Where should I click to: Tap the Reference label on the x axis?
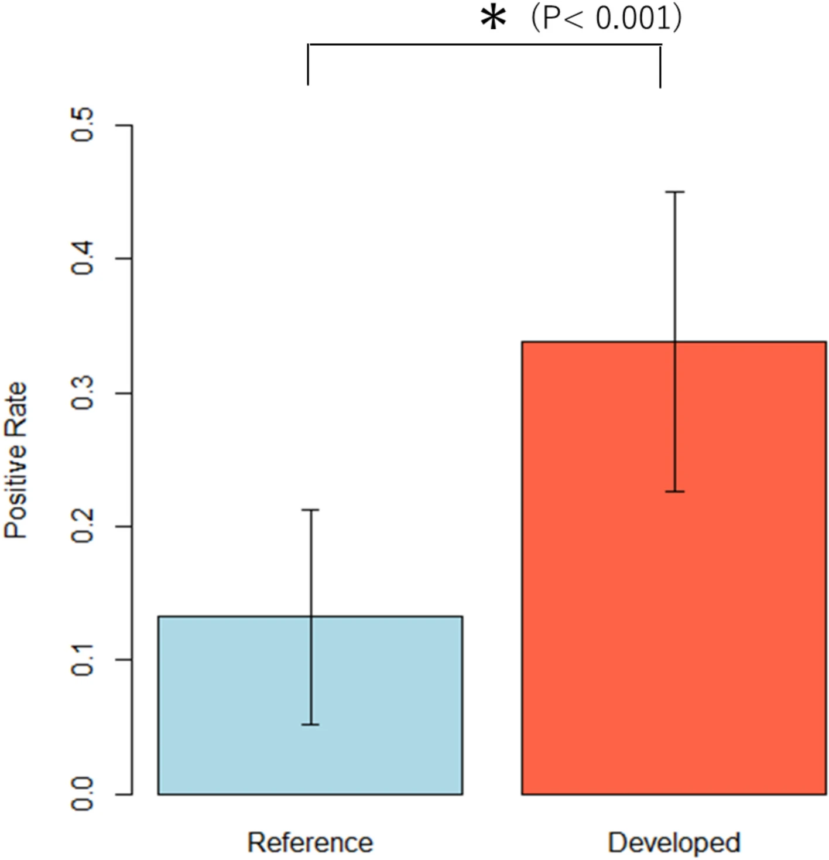pyautogui.click(x=310, y=842)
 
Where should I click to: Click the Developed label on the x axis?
pyautogui.click(x=674, y=842)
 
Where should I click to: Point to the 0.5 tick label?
pyautogui.click(x=83, y=125)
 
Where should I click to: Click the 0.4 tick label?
pyautogui.click(x=83, y=258)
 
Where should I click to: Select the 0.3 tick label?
pyautogui.click(x=83, y=393)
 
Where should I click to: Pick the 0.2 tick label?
pyautogui.click(x=83, y=526)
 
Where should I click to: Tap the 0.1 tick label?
pyautogui.click(x=83, y=660)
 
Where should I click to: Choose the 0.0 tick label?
pyautogui.click(x=83, y=794)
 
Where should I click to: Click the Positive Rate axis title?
pyautogui.click(x=16, y=460)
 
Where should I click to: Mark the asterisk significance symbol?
pyautogui.click(x=493, y=19)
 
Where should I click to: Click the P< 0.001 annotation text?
pyautogui.click(x=606, y=19)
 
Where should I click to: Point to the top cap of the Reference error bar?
pyautogui.click(x=310, y=510)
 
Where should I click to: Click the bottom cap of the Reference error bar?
pyautogui.click(x=310, y=725)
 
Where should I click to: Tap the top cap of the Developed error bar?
pyautogui.click(x=675, y=192)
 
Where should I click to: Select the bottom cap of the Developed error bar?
pyautogui.click(x=675, y=492)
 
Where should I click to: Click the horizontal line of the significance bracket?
pyautogui.click(x=485, y=44)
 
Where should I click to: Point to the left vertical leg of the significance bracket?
pyautogui.click(x=309, y=64)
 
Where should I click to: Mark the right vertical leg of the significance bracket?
pyautogui.click(x=661, y=66)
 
